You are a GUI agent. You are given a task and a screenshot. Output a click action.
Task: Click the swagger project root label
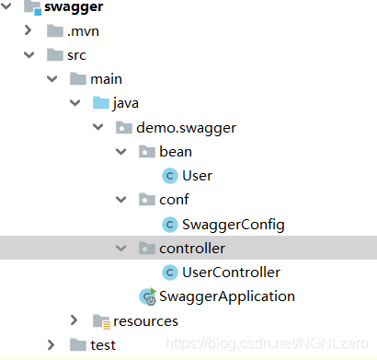[x=74, y=8]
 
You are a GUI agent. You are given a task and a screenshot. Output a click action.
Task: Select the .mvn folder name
[x=84, y=31]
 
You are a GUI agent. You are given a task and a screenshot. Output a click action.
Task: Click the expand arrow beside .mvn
[x=29, y=31]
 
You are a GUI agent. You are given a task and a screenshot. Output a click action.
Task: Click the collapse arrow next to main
[x=51, y=79]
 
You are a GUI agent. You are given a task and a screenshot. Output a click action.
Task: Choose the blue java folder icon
[x=99, y=103]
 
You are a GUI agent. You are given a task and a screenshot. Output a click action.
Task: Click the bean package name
[x=175, y=151]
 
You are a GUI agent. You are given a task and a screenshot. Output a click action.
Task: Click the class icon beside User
[x=169, y=175]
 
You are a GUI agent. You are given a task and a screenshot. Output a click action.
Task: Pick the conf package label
[x=175, y=199]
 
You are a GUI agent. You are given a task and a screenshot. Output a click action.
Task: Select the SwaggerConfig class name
[x=234, y=224]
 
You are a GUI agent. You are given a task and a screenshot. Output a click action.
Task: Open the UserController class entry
[x=231, y=272]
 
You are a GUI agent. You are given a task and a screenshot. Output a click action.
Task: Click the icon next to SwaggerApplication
[x=147, y=296]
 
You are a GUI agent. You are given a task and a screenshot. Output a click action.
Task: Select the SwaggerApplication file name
[x=226, y=296]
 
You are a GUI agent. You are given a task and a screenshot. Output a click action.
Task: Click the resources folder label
[x=145, y=320]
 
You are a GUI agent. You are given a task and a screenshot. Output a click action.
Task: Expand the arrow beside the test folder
[x=51, y=344]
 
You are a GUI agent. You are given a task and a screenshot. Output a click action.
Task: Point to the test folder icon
[x=77, y=344]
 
